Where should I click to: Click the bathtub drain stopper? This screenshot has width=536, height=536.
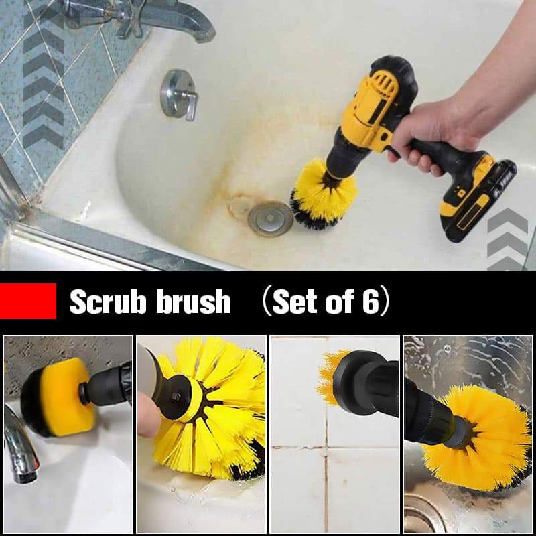[270, 218]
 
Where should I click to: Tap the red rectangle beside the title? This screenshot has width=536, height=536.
[28, 301]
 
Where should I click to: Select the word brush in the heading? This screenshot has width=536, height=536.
[194, 303]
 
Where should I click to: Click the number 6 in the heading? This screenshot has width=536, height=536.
[371, 303]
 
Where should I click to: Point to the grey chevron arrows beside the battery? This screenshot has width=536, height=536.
[507, 238]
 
